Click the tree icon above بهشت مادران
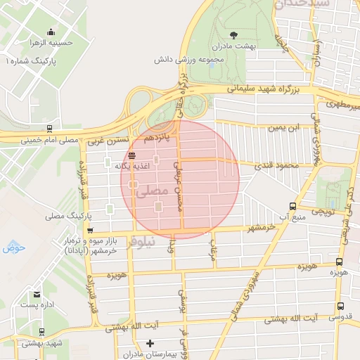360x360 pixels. [x=233, y=34]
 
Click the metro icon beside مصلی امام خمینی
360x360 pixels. [x=49, y=129]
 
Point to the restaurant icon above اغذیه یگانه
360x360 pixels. [x=132, y=155]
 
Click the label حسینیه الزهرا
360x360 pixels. [x=69, y=42]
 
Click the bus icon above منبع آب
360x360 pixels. [x=292, y=206]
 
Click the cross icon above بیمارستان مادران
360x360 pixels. [x=149, y=343]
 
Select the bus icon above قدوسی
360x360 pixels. [x=340, y=306]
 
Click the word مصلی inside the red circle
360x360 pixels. [x=155, y=191]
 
